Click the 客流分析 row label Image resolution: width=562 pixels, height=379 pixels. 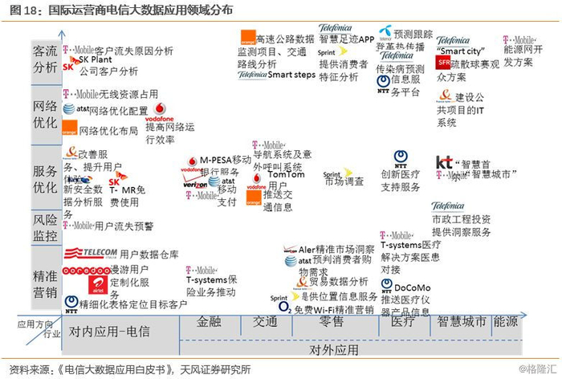[x=45, y=59]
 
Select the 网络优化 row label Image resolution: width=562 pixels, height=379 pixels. [x=45, y=115]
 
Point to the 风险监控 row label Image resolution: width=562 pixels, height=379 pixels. [x=45, y=227]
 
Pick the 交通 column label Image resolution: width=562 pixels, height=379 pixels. [x=266, y=322]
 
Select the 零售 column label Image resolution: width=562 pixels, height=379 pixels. [x=331, y=322]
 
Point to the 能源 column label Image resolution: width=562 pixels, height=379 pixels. [x=506, y=322]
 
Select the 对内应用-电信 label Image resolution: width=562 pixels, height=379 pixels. [x=109, y=331]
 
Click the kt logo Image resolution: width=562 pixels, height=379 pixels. [x=444, y=162]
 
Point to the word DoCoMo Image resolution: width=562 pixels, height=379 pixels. [x=413, y=287]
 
